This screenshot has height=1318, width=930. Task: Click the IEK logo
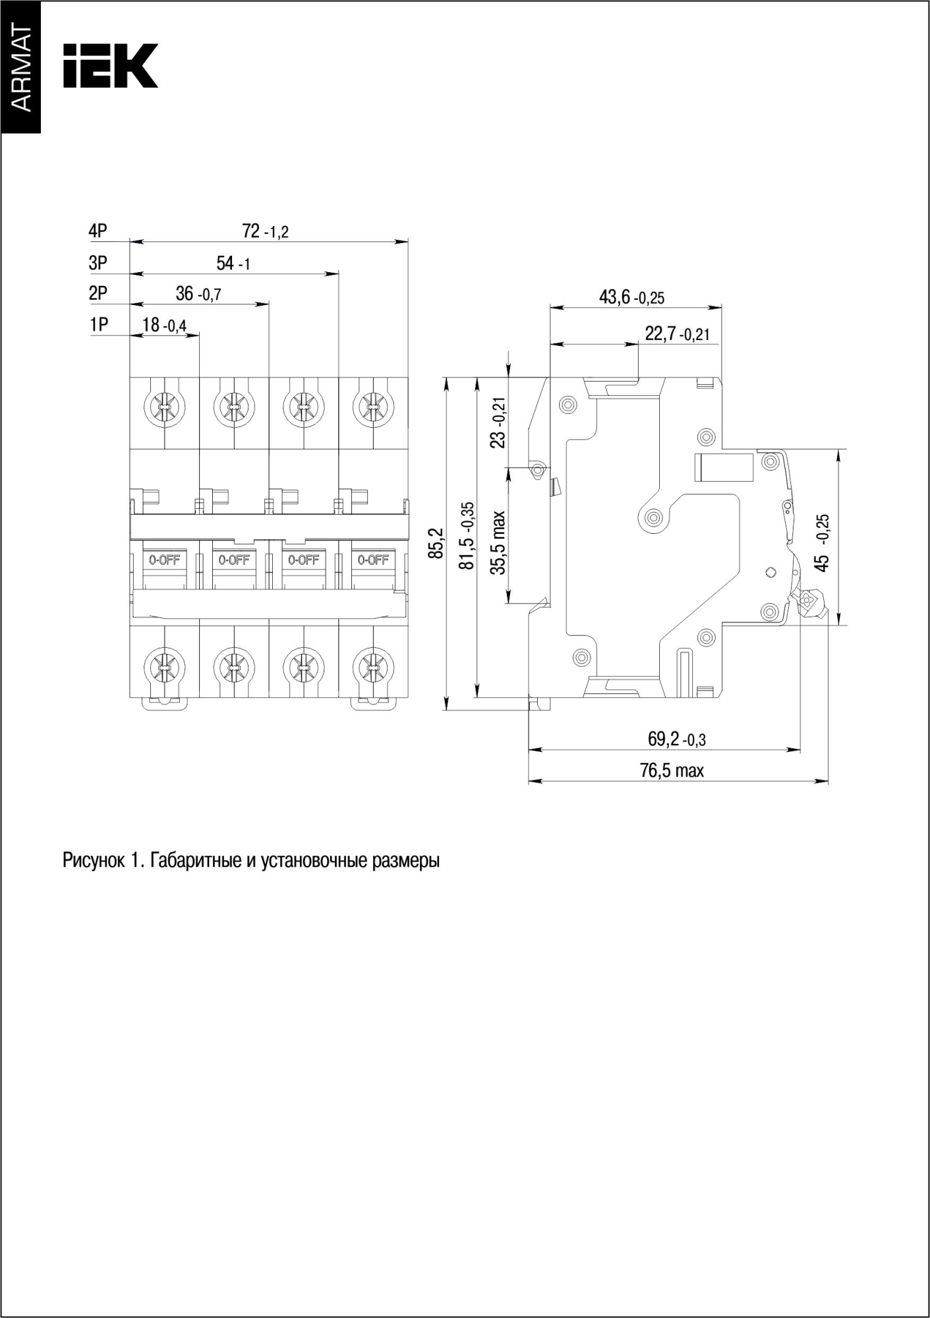pyautogui.click(x=110, y=66)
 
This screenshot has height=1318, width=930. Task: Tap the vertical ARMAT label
pyautogui.click(x=20, y=71)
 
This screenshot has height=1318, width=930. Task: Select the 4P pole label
pyautogui.click(x=98, y=231)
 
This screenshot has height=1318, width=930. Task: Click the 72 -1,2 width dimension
pyautogui.click(x=265, y=231)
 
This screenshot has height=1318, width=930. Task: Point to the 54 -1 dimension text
pyautogui.click(x=233, y=264)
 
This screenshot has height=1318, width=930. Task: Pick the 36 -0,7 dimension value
pyautogui.click(x=198, y=294)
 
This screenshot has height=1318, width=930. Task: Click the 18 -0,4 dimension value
pyautogui.click(x=164, y=325)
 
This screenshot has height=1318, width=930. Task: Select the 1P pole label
pyautogui.click(x=99, y=325)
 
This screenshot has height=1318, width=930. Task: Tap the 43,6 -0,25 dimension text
pyautogui.click(x=631, y=297)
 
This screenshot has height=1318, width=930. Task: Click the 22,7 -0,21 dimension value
pyautogui.click(x=677, y=334)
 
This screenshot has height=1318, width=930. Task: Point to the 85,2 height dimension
pyautogui.click(x=436, y=543)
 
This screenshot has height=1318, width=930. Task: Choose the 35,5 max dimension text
pyautogui.click(x=499, y=542)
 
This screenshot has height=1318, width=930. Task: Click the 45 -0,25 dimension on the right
pyautogui.click(x=822, y=542)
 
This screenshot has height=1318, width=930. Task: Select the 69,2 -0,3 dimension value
pyautogui.click(x=676, y=739)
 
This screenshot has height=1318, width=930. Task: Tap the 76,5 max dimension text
pyautogui.click(x=672, y=770)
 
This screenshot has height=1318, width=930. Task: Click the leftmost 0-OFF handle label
pyautogui.click(x=164, y=560)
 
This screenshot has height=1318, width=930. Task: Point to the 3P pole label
pyautogui.click(x=98, y=263)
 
